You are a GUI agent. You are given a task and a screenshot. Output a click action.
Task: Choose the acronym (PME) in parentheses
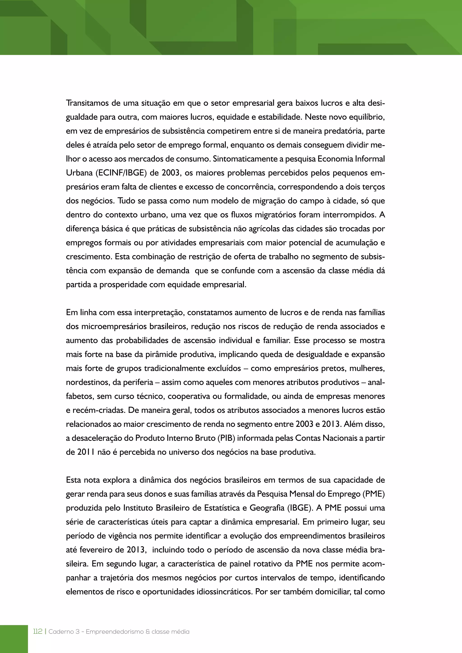[x=374, y=494]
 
